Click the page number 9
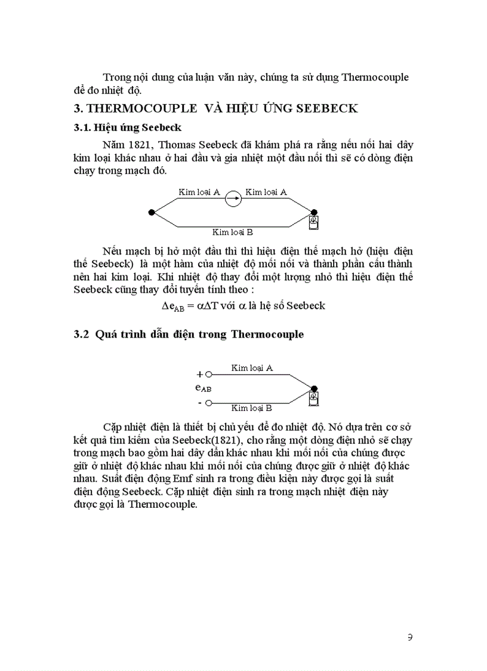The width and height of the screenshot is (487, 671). (409, 637)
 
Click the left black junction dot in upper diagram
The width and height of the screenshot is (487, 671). (152, 212)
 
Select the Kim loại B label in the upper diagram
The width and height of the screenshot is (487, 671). (233, 232)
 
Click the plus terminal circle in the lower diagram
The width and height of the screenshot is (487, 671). (208, 375)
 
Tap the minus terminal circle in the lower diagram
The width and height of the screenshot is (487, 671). (208, 403)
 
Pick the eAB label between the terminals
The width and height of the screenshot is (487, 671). (203, 388)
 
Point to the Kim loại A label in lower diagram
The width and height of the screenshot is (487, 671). (252, 369)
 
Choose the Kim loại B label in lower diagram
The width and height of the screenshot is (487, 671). (251, 408)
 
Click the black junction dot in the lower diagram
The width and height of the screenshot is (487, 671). (314, 388)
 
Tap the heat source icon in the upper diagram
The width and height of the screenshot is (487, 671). (314, 223)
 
